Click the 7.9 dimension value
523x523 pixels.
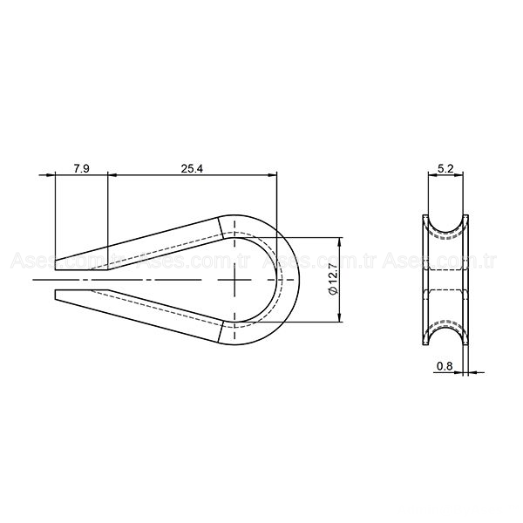coord(81,167)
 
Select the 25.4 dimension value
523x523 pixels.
coord(192,167)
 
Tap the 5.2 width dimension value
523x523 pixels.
coord(445,167)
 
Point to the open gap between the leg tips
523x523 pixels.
coord(78,280)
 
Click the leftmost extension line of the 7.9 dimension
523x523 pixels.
coord(55,218)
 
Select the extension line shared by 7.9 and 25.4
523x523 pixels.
coord(108,218)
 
